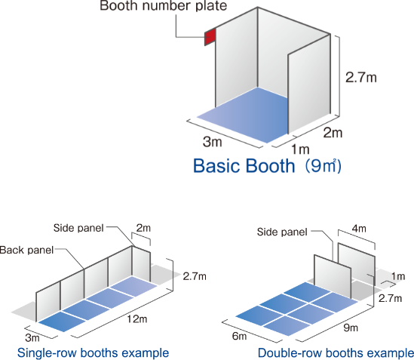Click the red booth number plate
coord(210,37)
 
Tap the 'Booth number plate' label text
coord(163,6)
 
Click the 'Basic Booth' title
coord(244,166)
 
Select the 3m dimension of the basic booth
coord(213,142)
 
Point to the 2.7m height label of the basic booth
coord(361,78)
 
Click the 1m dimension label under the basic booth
coord(300,149)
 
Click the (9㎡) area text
coord(324,166)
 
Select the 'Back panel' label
coord(26,250)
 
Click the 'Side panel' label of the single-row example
coord(78,228)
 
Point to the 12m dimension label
coord(137,319)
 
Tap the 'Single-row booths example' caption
coord(93,353)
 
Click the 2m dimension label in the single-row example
coord(143,228)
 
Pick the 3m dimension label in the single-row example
coord(32,337)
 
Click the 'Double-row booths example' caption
coord(336,353)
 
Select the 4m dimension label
coord(359,229)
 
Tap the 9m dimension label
coord(351,328)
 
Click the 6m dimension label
coord(240,336)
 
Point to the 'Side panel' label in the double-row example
coord(282,232)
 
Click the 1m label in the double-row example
coord(398,276)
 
